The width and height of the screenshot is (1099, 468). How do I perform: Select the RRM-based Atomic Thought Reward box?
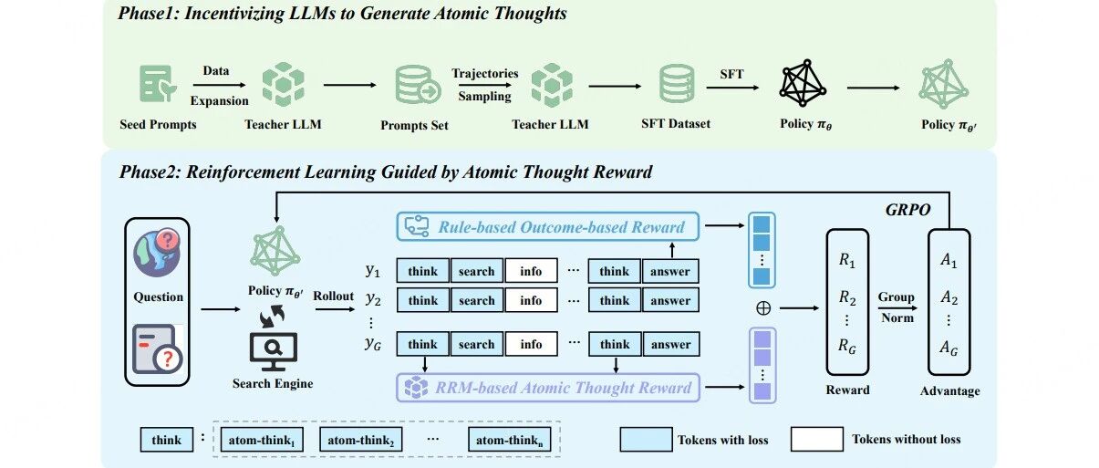546,388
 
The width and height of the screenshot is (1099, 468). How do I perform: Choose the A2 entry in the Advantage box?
949,297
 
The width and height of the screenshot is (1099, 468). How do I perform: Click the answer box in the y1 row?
671,271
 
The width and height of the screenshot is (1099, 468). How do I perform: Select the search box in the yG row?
476,345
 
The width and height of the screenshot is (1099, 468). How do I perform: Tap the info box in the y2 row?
531,300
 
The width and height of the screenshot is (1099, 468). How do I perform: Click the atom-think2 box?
359,440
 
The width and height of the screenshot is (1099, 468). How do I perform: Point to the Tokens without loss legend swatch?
816,440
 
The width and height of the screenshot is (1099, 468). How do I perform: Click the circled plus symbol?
762,308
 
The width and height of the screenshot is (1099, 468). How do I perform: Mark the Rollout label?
334,296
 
